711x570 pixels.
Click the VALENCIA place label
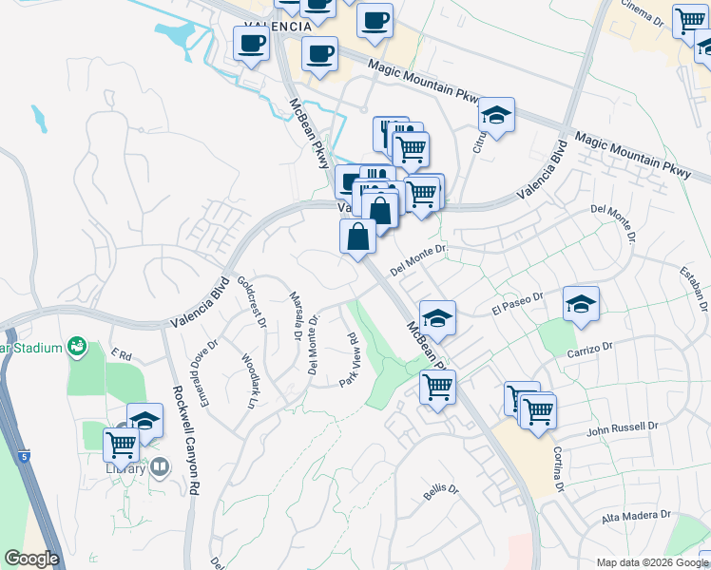click(x=277, y=26)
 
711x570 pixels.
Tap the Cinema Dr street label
click(x=644, y=12)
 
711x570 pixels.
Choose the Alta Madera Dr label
click(x=636, y=517)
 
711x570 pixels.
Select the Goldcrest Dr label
click(x=252, y=301)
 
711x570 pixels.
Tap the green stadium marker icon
click(x=75, y=348)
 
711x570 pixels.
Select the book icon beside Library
click(x=160, y=466)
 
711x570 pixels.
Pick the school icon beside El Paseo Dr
click(x=581, y=305)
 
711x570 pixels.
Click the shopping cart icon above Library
click(x=121, y=444)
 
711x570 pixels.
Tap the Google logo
click(x=32, y=559)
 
